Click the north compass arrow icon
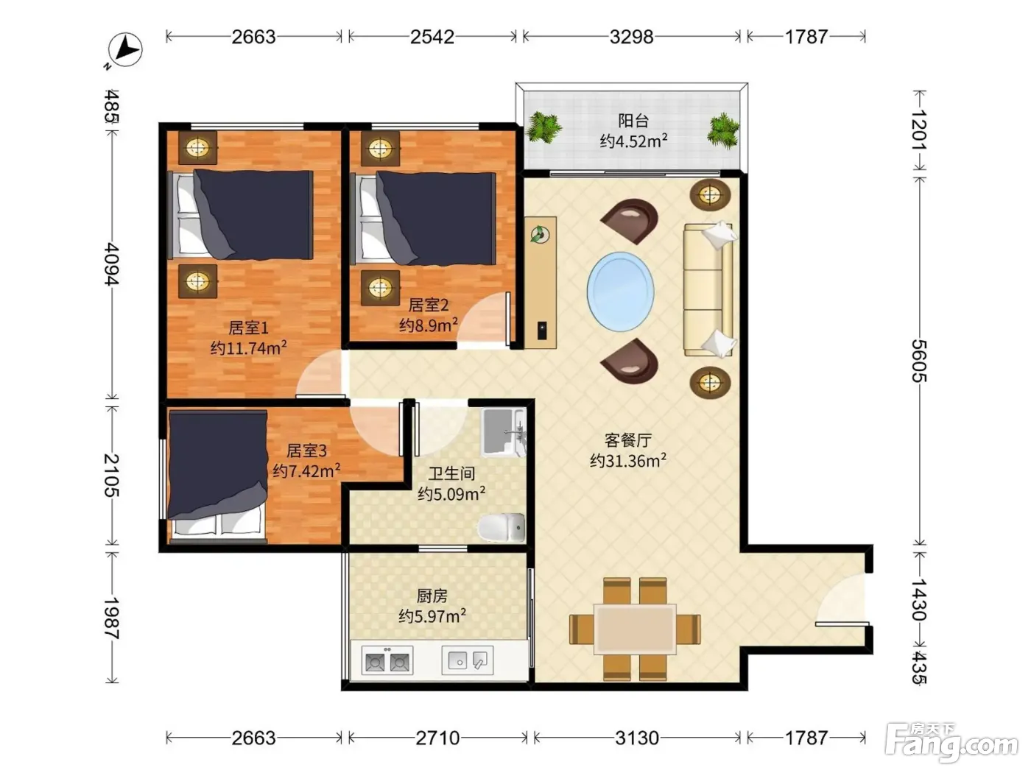[124, 50]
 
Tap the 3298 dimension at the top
[631, 37]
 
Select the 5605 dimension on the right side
[919, 361]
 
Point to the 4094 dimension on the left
[112, 264]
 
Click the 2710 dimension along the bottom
[437, 738]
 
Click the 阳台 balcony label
[633, 121]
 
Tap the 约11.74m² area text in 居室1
[248, 347]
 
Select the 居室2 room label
[428, 305]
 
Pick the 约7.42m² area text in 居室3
[306, 470]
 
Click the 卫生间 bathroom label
[451, 473]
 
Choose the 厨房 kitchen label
[432, 596]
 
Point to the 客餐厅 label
[628, 440]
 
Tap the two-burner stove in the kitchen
[387, 661]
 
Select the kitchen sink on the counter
[468, 660]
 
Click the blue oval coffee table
[620, 291]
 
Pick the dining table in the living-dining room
[635, 629]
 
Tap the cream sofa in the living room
[708, 289]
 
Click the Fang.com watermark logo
[951, 743]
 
